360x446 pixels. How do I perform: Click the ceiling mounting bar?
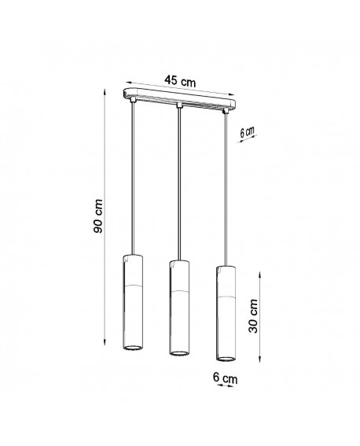(180, 101)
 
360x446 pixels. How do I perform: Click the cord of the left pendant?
(132, 181)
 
